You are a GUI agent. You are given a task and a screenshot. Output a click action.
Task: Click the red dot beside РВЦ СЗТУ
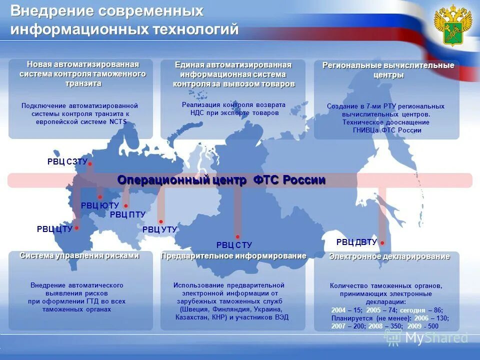(90, 164)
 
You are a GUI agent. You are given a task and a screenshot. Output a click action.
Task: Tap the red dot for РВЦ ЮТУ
(100, 197)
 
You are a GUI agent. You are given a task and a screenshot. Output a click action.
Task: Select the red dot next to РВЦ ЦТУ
(76, 228)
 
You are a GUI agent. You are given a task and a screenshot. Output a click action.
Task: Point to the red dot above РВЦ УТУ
(160, 221)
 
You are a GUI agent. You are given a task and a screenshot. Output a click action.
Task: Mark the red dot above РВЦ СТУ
(237, 237)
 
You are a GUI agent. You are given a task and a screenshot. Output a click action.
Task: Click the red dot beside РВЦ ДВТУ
(382, 243)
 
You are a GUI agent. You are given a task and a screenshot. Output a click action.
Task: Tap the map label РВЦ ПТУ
(127, 215)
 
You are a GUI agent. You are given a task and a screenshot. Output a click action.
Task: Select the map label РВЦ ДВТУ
(356, 242)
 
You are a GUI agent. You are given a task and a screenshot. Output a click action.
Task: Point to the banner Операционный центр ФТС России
(221, 180)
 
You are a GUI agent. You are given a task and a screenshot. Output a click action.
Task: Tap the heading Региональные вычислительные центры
(388, 70)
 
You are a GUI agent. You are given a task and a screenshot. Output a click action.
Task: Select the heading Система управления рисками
(79, 255)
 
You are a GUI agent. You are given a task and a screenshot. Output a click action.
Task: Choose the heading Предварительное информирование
(233, 256)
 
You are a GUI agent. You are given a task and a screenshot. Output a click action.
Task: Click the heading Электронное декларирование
(389, 256)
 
